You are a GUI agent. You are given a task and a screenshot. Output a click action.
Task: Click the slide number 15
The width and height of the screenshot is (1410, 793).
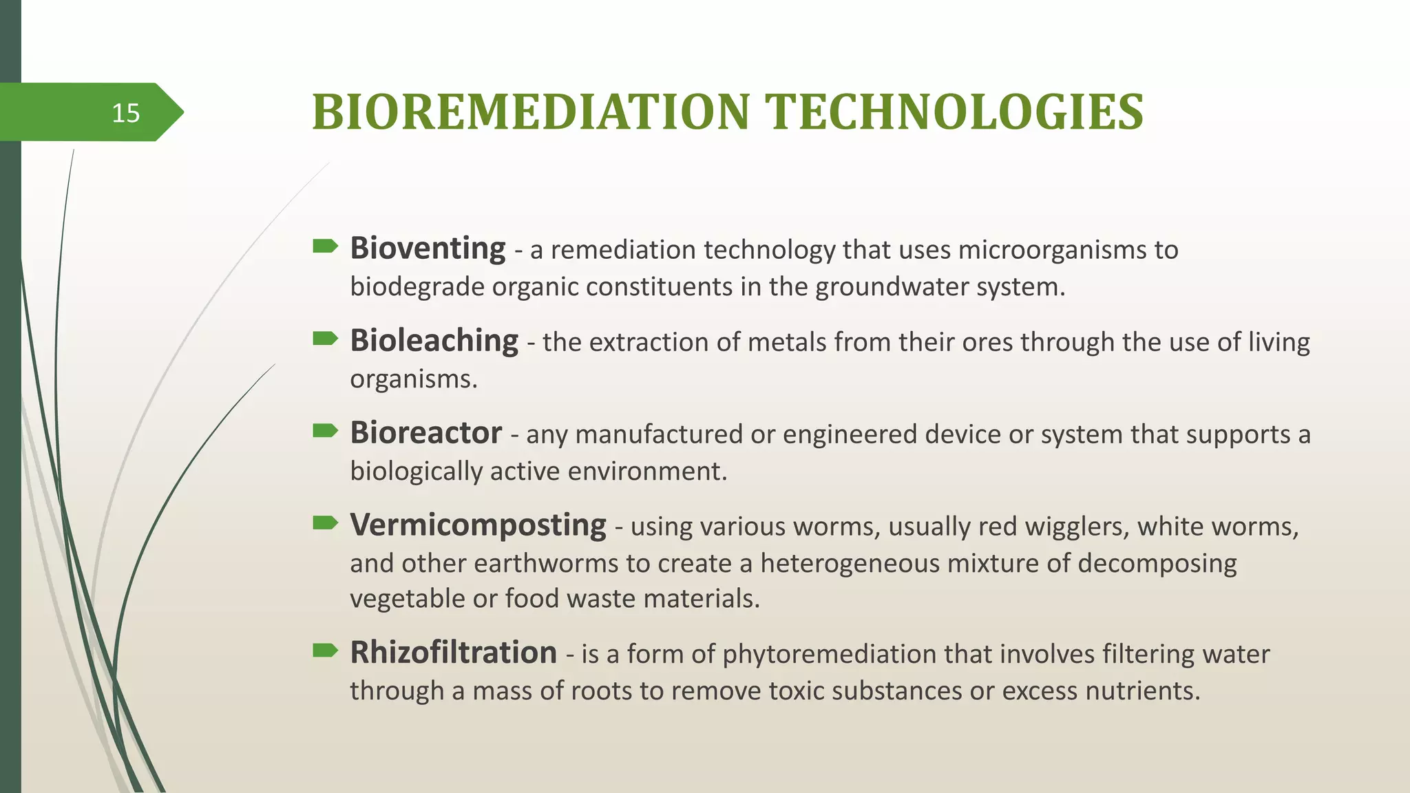click(125, 113)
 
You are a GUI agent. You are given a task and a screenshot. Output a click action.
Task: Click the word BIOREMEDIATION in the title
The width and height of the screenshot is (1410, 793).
click(530, 112)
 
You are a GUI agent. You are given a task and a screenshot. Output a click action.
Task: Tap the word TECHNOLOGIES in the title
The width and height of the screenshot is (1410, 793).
click(955, 112)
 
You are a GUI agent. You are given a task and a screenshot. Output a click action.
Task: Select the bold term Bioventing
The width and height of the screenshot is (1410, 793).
click(428, 249)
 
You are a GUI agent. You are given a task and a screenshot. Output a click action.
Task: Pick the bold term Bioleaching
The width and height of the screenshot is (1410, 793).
click(434, 341)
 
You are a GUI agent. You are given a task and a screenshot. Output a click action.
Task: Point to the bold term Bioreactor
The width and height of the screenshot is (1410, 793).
click(425, 433)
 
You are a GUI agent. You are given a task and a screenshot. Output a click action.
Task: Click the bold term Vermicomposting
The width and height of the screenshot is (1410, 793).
click(478, 525)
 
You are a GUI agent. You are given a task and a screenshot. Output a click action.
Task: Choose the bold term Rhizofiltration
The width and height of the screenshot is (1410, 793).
click(453, 653)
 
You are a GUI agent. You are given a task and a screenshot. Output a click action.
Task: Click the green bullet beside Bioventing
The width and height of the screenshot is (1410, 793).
click(325, 246)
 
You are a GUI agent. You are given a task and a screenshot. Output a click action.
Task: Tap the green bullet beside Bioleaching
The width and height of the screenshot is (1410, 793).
click(325, 338)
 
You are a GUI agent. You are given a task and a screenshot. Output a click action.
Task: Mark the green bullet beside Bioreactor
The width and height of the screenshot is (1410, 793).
click(325, 430)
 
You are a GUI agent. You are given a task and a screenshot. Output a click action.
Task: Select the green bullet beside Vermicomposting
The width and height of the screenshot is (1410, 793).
click(325, 522)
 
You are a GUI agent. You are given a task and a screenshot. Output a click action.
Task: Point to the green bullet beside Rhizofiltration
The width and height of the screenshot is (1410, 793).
click(325, 650)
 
